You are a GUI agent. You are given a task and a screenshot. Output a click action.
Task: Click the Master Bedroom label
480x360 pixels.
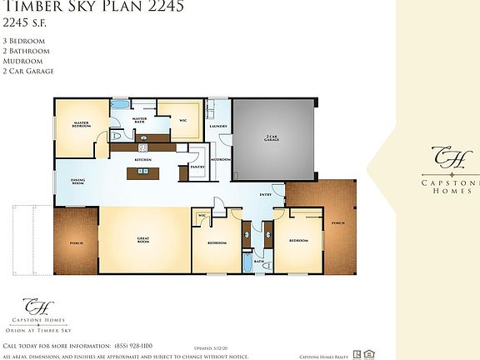[82, 125]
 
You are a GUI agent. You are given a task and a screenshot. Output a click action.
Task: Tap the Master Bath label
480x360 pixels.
[140, 121]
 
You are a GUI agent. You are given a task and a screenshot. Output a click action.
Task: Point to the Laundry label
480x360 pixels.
[218, 126]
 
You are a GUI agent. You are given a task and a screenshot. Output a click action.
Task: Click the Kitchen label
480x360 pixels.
[143, 158]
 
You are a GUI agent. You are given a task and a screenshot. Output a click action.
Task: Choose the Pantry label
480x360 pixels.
[197, 166]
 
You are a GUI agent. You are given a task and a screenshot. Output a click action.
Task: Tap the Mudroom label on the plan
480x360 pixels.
[221, 158]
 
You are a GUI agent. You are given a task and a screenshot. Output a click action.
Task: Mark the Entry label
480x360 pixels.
[265, 196]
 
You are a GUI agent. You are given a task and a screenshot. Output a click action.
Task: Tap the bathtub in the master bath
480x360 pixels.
[121, 107]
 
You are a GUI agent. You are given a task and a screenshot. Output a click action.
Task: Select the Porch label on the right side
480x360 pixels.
[337, 222]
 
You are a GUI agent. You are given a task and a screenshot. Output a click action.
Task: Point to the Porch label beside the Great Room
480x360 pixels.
[77, 242]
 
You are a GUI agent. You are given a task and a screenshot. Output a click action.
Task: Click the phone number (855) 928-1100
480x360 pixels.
[132, 345]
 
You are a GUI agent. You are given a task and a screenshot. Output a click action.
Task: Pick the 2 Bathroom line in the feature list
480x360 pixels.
[26, 51]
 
